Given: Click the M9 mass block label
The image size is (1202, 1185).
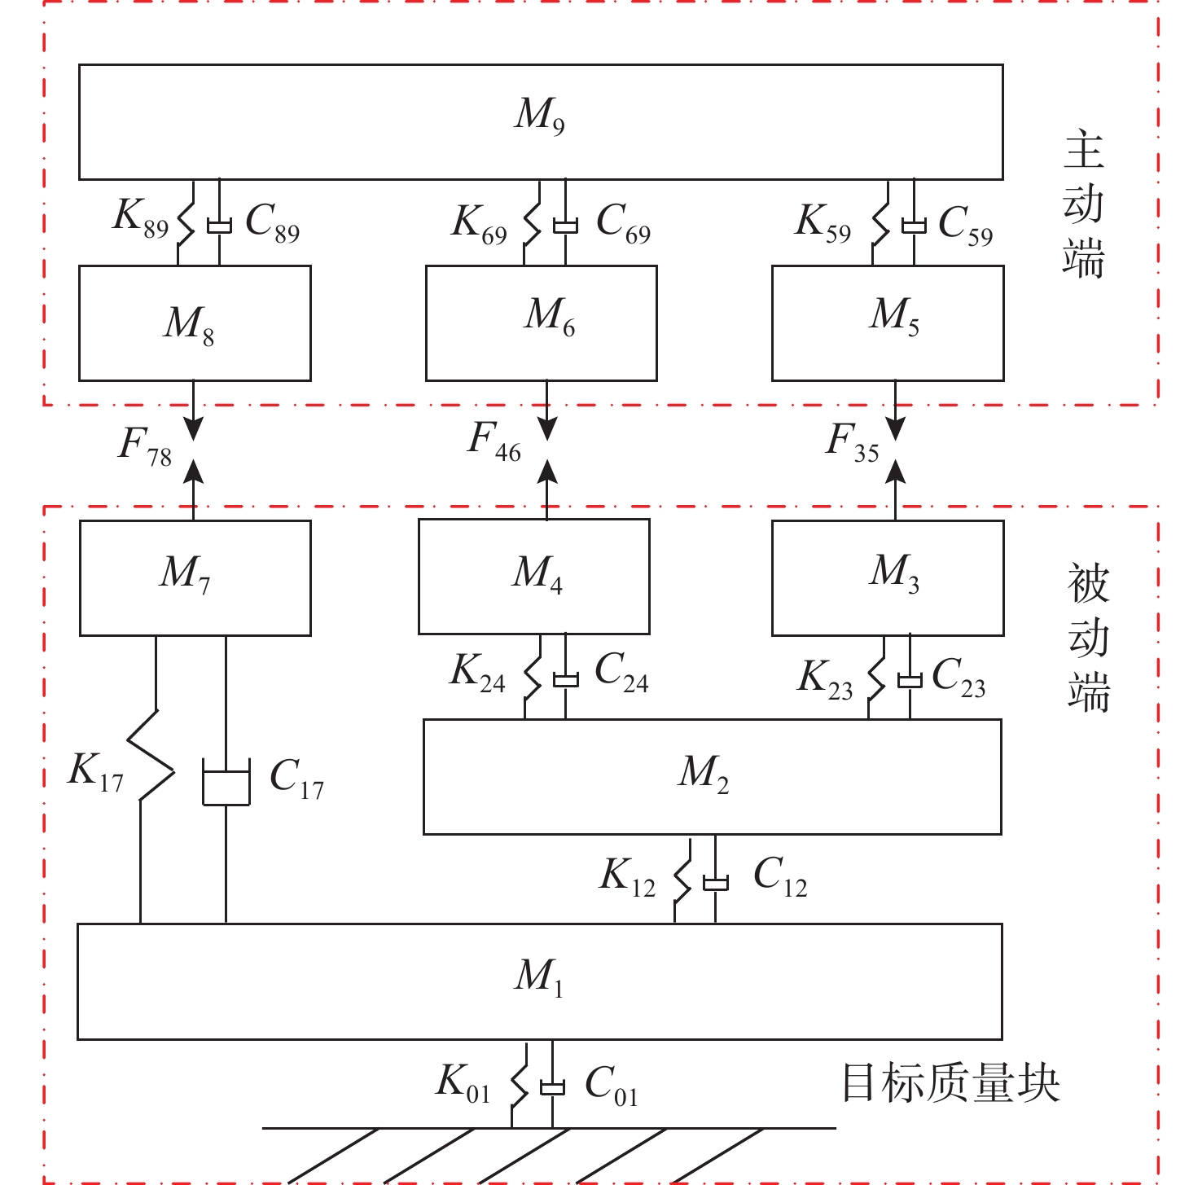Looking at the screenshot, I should coord(540,115).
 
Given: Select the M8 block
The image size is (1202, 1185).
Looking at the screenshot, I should coord(195,323).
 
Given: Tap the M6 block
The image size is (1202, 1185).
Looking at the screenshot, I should coord(542,323).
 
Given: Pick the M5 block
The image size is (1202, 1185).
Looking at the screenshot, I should coord(888,323).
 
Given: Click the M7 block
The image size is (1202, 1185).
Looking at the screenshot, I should coord(195,577).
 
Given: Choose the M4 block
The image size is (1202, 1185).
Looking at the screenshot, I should coord(534,577).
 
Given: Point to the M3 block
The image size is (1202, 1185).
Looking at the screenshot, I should coord(888,577).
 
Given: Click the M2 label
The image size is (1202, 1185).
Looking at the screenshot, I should coord(704,774).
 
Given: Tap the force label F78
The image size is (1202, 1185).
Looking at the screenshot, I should coord(145,446).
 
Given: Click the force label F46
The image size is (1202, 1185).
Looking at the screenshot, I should coord(494,441).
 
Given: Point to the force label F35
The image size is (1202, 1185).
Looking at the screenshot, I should coord(853,442).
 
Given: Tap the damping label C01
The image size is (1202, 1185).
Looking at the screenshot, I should coord(611,1086).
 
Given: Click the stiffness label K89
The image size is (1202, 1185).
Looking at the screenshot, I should coord(140,219).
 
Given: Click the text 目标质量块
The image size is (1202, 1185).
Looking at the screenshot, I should coord(950,1084).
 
